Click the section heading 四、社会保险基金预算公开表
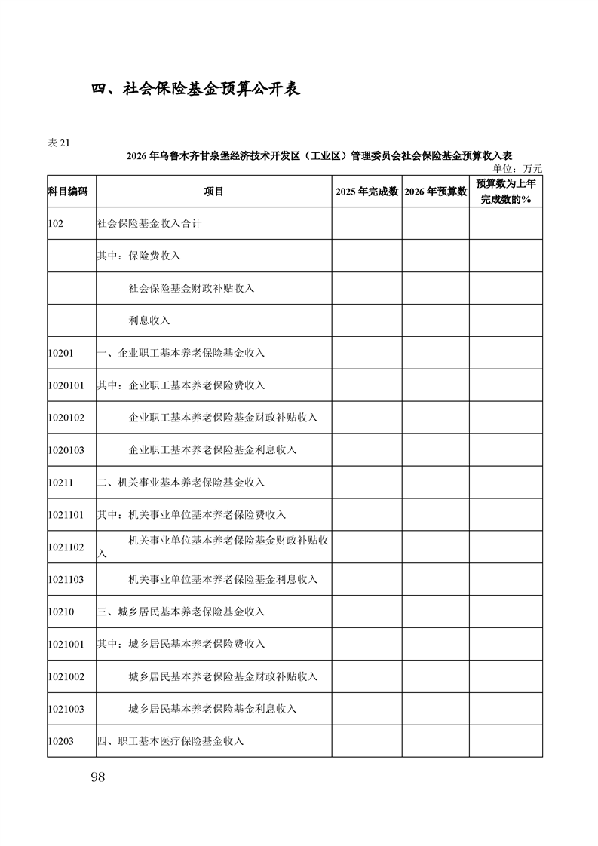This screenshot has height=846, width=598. click(196, 89)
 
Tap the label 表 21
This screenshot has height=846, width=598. click(59, 143)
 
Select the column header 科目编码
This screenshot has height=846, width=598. click(68, 192)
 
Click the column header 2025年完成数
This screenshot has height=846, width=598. click(366, 192)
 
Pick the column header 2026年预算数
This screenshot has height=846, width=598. click(435, 192)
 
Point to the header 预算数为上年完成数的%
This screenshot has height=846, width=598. click(506, 192)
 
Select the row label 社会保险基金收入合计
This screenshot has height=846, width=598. click(149, 224)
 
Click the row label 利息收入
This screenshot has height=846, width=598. click(149, 320)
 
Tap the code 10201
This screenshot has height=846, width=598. click(60, 353)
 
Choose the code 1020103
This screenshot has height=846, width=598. click(66, 450)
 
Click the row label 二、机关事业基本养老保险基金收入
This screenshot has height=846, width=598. click(181, 483)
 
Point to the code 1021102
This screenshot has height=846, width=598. click(66, 547)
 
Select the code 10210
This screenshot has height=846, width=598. click(60, 612)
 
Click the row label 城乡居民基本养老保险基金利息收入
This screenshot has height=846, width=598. click(213, 709)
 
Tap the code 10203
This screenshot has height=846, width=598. click(60, 741)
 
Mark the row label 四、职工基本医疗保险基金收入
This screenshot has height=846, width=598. click(170, 741)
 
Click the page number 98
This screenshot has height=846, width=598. click(97, 777)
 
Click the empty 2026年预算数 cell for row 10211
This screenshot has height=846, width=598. click(435, 483)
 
